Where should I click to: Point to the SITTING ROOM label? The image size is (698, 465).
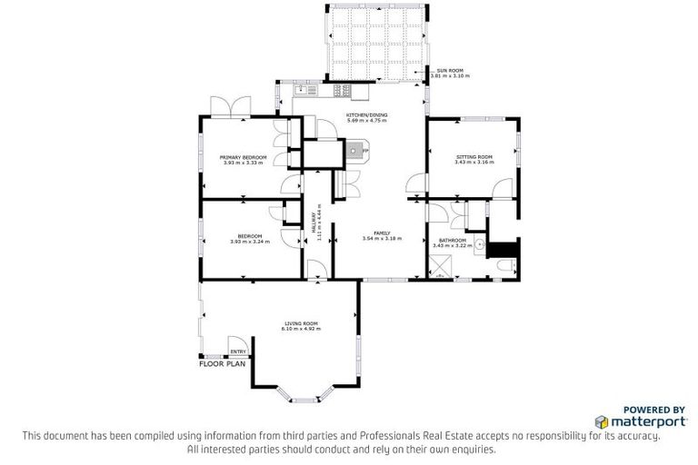(474, 157)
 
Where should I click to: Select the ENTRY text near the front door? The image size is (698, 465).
(236, 351)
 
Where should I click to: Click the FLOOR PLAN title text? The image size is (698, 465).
(222, 363)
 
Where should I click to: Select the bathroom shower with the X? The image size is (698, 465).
(442, 267)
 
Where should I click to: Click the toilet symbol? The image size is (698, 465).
(506, 266)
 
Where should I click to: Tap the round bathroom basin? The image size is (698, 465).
(477, 244)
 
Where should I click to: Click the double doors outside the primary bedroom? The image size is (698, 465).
(225, 107)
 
